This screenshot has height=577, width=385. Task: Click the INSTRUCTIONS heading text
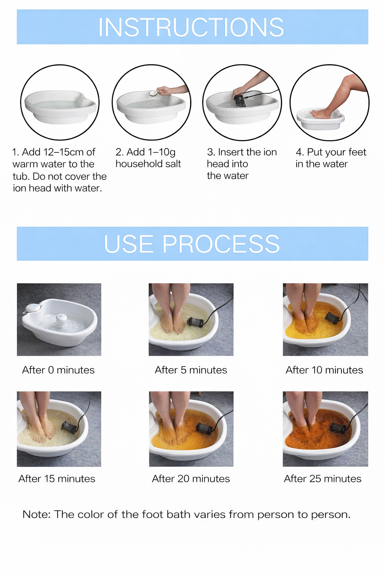click(191, 27)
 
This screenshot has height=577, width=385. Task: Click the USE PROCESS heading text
click(192, 244)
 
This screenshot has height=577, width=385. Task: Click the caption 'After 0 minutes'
click(58, 370)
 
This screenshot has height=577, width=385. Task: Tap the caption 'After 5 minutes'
click(191, 370)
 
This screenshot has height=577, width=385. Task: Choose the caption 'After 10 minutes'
click(324, 370)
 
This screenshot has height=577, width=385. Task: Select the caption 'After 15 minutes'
click(57, 479)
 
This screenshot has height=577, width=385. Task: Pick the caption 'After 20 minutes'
click(191, 479)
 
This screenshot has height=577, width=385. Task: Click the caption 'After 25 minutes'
click(323, 479)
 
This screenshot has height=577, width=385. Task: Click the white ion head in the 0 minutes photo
click(61, 320)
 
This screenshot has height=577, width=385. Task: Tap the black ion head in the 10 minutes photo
click(332, 317)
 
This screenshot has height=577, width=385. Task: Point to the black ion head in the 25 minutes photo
click(337, 427)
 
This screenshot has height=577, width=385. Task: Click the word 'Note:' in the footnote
click(36, 514)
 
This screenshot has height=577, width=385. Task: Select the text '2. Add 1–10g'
click(146, 152)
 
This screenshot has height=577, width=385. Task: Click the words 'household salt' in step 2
click(148, 164)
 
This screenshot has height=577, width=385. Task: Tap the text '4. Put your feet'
click(331, 152)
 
